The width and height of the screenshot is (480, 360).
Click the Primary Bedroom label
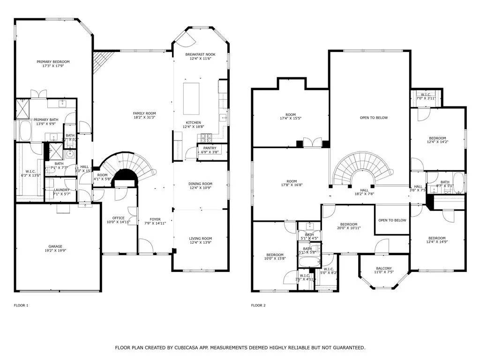point(53,62)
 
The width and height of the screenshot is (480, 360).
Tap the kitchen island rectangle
point(191,98)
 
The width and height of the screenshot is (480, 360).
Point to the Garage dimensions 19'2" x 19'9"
point(55,251)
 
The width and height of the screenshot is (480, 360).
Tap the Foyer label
point(155,219)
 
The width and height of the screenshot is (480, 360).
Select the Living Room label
point(201,238)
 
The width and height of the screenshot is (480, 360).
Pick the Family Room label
point(144,113)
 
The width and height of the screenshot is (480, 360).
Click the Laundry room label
point(61,190)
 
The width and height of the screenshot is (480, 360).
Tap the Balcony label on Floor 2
point(383,268)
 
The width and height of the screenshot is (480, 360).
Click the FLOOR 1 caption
point(21,305)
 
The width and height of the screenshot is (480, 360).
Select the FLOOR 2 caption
point(258,305)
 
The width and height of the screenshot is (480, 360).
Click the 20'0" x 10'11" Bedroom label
point(349,225)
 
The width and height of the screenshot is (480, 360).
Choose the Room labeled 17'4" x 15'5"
point(291,115)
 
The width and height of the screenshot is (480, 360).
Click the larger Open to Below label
point(374,118)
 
